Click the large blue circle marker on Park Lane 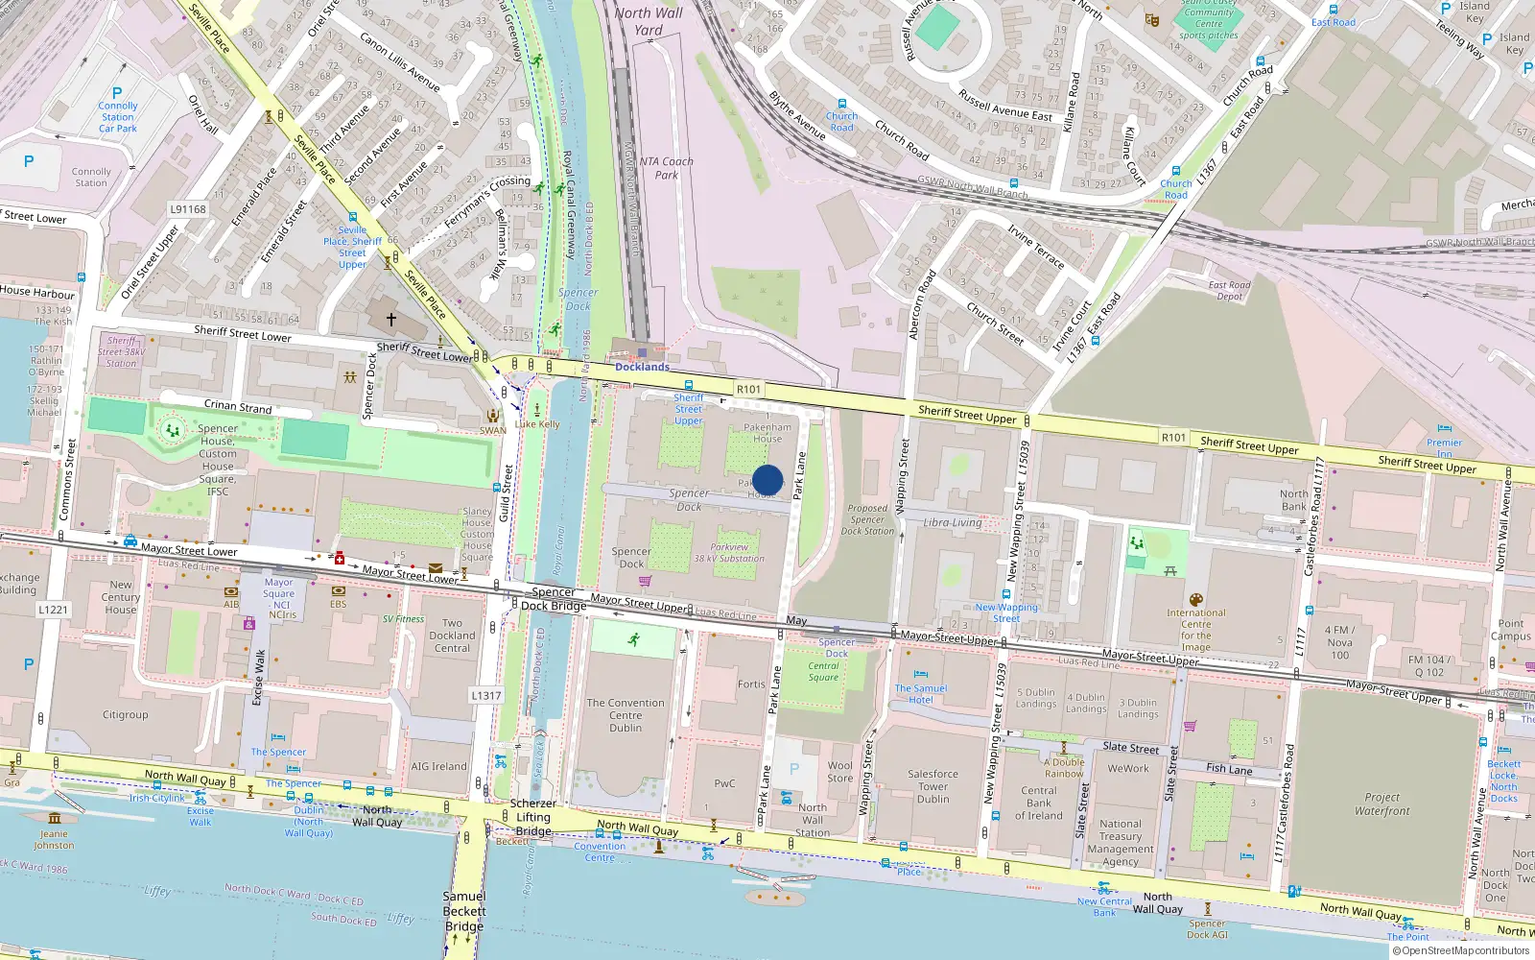767,480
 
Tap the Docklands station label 642,367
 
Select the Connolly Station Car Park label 118,117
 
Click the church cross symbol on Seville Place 390,319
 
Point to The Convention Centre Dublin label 626,715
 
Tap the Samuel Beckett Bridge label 464,911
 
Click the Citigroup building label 126,714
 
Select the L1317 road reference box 486,695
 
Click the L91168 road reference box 188,208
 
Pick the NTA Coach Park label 666,168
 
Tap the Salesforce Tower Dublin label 933,786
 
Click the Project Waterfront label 1382,804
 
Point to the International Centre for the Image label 1195,630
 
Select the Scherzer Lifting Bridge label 533,817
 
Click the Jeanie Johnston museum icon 55,818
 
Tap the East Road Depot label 1229,291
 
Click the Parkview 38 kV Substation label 729,553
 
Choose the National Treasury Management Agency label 1121,842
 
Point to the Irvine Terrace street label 1035,247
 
